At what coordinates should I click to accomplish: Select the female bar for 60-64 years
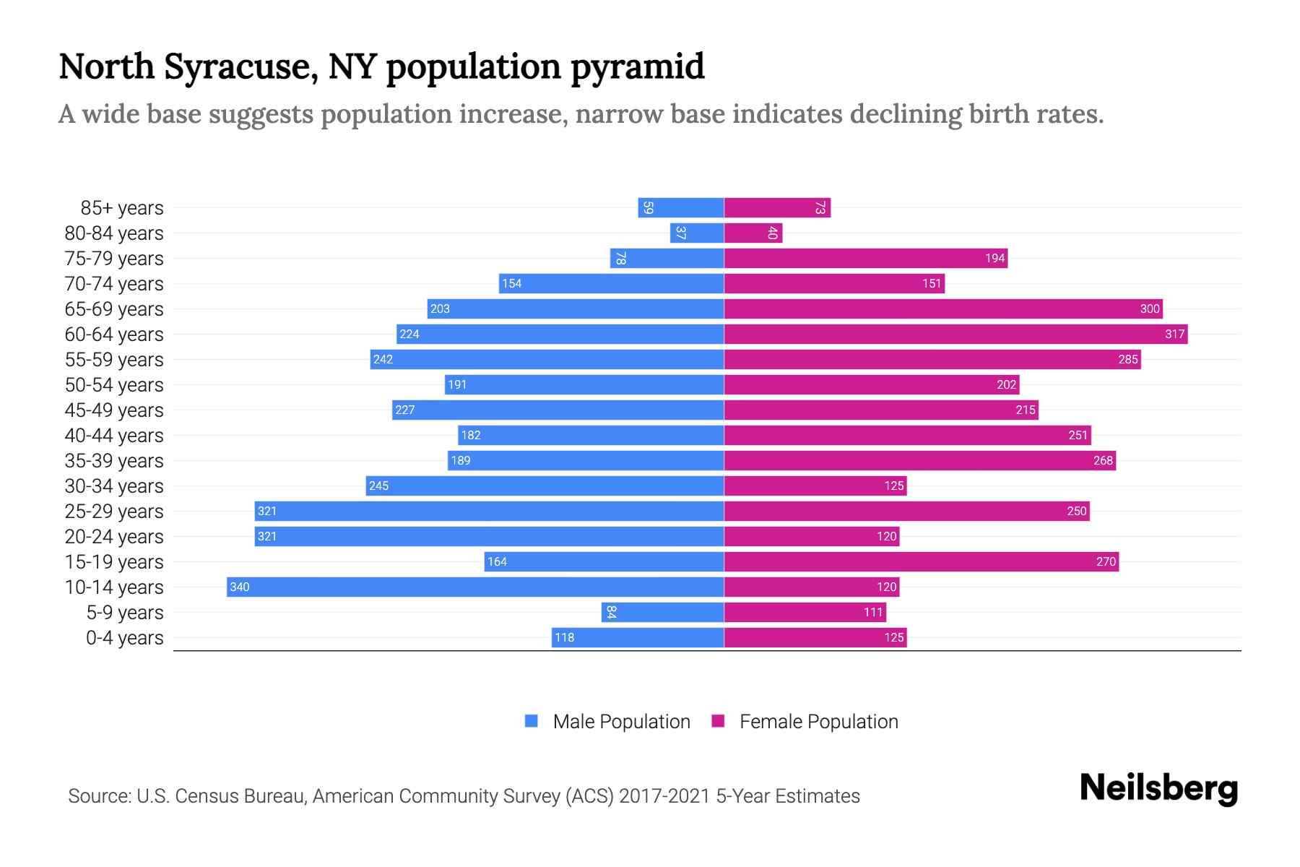pyautogui.click(x=955, y=334)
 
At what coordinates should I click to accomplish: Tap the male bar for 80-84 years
pyautogui.click(x=697, y=233)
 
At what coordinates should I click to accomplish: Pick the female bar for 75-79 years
pyautogui.click(x=865, y=258)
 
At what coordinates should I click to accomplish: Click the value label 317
pyautogui.click(x=1174, y=334)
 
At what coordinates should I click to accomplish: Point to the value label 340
pyautogui.click(x=239, y=587)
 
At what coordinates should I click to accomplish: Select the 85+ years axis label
pyautogui.click(x=121, y=208)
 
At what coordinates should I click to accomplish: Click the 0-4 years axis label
pyautogui.click(x=124, y=638)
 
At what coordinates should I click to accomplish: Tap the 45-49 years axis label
pyautogui.click(x=114, y=410)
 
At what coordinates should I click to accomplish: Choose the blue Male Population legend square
pyautogui.click(x=532, y=721)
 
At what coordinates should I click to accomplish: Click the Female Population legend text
pyautogui.click(x=818, y=721)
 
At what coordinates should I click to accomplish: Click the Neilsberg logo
pyautogui.click(x=1158, y=788)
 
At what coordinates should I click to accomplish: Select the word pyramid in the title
pyautogui.click(x=637, y=66)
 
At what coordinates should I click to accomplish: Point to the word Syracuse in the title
pyautogui.click(x=241, y=66)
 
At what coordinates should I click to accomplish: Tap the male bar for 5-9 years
pyautogui.click(x=662, y=612)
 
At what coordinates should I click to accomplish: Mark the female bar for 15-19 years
pyautogui.click(x=921, y=561)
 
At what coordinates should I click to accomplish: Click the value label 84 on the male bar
pyautogui.click(x=611, y=612)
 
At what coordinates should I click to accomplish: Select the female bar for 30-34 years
pyautogui.click(x=815, y=486)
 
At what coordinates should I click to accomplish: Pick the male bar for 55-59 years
pyautogui.click(x=547, y=359)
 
